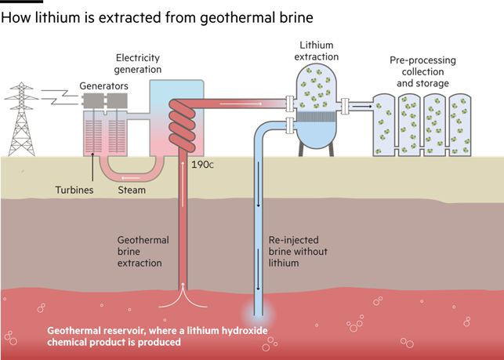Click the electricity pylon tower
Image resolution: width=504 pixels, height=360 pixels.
tap(21, 119)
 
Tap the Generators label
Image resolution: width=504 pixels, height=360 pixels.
tap(103, 86)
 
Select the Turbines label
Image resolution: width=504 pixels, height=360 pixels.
tap(74, 190)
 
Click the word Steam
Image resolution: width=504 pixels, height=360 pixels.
tap(132, 190)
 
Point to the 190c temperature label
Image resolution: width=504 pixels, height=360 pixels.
tap(202, 165)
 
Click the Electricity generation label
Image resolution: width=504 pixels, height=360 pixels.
tap(138, 64)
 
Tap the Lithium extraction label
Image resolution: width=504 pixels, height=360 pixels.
tap(317, 51)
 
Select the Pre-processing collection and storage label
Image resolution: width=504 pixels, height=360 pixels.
tap(422, 71)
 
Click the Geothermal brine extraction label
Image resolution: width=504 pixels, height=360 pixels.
tap(143, 252)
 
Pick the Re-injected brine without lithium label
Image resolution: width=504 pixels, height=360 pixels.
tap(298, 252)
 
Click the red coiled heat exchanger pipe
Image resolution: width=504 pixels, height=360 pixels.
tap(182, 125)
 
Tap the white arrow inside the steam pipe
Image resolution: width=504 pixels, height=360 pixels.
tap(130, 178)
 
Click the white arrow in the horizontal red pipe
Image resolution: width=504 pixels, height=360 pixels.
tap(241, 104)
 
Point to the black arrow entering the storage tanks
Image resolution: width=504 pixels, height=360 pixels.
tap(361, 106)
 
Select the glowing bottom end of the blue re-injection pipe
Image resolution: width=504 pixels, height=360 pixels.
tap(259, 314)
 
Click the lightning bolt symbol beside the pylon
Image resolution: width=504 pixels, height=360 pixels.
tap(60, 96)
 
